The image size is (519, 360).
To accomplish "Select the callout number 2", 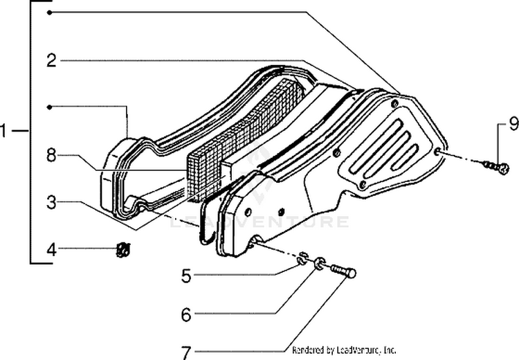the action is tap(51, 60).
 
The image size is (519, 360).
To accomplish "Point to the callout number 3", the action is tap(51, 204).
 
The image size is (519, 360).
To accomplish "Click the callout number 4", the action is tap(51, 248).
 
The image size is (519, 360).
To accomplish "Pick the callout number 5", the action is tap(185, 276).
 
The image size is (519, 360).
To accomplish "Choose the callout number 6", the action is tap(185, 314).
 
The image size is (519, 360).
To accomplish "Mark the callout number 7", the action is tap(185, 352).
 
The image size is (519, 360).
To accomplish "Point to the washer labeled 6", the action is tap(318, 264).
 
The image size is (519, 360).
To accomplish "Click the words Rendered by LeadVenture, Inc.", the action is tap(344, 350).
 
